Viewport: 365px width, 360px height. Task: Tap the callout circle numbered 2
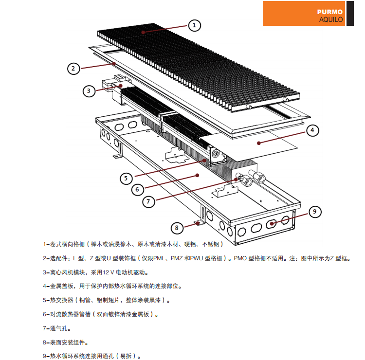coord(73,68)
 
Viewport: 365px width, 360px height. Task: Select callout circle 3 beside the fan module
coord(89,90)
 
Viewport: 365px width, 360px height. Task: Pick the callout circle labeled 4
coord(313,130)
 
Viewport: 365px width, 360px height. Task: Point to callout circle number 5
coord(126,178)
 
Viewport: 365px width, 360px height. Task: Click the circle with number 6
coord(138,189)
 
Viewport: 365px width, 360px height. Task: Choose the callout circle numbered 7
coord(150,200)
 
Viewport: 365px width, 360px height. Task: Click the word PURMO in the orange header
coord(330,12)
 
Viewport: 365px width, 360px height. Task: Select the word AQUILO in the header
coord(331,19)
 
